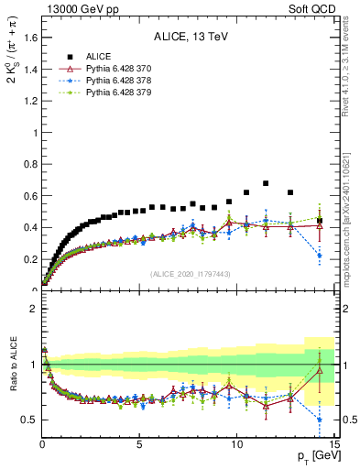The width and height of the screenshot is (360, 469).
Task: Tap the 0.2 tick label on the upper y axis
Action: tap(29, 259)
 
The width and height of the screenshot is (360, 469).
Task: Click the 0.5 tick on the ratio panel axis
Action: tap(29, 420)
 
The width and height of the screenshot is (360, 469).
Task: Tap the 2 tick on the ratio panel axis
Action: tap(33, 309)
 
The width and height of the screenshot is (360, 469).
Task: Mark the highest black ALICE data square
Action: tap(266, 183)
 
